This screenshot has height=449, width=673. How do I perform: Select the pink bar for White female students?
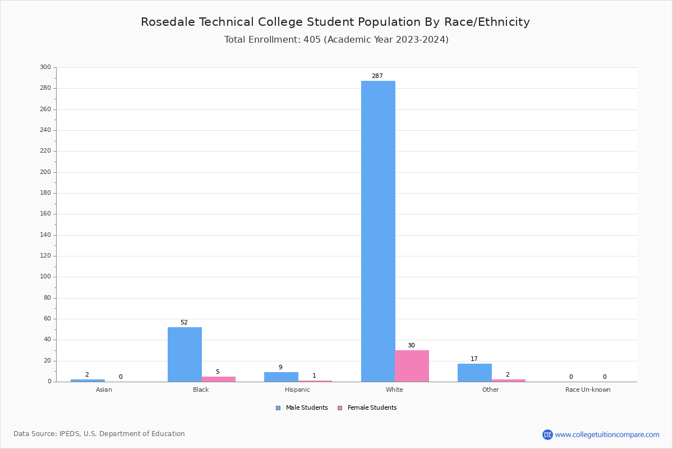(412, 366)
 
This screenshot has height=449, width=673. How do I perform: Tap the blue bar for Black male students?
(185, 354)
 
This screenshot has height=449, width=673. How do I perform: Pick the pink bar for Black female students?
(219, 379)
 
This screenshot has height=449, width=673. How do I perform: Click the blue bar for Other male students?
(474, 373)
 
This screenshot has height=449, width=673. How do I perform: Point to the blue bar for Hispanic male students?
(281, 377)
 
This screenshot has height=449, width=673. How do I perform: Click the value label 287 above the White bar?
(377, 76)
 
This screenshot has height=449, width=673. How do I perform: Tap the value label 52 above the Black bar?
(184, 322)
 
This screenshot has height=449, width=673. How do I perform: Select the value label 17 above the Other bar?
(474, 359)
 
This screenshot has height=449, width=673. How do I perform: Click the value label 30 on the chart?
(411, 345)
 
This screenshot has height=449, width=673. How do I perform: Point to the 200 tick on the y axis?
(45, 172)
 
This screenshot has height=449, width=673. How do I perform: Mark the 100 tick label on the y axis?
(45, 277)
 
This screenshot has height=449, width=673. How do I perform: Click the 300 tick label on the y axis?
(45, 67)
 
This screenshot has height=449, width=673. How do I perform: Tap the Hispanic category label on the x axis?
(297, 390)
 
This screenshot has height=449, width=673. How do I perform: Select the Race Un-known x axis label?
(588, 390)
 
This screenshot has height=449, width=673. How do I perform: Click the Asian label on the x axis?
(104, 390)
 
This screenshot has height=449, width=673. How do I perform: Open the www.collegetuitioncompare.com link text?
(607, 434)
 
